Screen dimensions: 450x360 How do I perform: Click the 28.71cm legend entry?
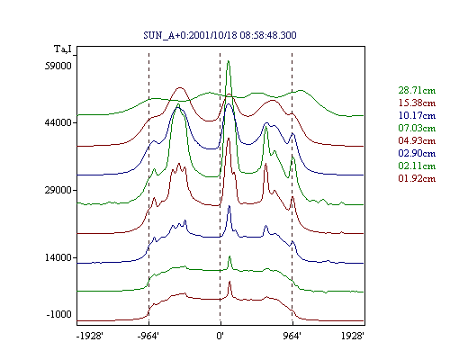417,90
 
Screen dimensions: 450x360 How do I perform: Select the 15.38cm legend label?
417,103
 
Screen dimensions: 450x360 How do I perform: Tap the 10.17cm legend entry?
417,115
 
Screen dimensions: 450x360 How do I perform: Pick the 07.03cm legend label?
417,128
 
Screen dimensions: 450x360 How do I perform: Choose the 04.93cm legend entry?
417,140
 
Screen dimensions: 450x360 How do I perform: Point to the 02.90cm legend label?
417,153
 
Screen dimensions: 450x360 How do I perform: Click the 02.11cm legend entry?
417,166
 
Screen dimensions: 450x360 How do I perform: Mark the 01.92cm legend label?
417,178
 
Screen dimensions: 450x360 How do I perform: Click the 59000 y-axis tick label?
58,66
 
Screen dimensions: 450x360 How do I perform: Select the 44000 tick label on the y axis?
58,122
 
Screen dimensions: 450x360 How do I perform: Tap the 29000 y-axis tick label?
58,190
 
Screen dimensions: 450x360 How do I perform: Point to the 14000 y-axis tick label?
58,257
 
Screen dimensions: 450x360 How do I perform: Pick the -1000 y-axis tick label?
59,314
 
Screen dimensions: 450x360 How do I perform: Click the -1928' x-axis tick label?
90,336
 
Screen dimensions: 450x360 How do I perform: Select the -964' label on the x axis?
148,336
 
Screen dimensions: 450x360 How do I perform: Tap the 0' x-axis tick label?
220,336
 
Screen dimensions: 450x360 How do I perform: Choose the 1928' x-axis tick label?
353,336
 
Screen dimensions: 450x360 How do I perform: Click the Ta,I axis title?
63,49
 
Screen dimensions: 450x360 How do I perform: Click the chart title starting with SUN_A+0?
220,35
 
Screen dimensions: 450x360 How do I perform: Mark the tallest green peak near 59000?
229,61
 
